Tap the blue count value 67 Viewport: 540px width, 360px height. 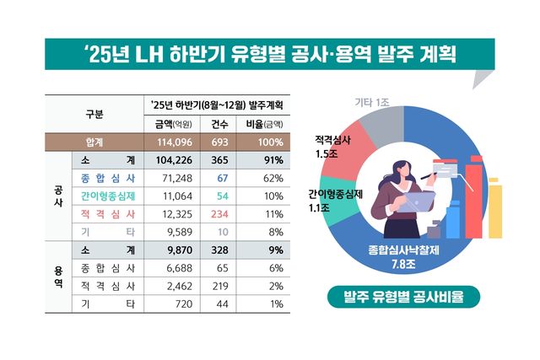tap(223, 178)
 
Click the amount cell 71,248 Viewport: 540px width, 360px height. tap(175, 178)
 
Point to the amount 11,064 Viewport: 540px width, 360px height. tap(175, 196)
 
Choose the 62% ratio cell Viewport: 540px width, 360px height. tap(272, 178)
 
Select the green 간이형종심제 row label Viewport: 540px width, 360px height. tap(109, 196)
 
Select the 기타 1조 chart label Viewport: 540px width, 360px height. tap(374, 102)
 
